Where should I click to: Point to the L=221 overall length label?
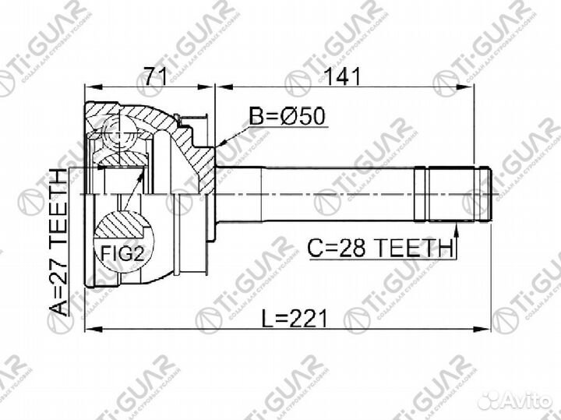287,318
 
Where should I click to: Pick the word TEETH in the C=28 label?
412,248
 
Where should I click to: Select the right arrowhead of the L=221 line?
490,330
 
